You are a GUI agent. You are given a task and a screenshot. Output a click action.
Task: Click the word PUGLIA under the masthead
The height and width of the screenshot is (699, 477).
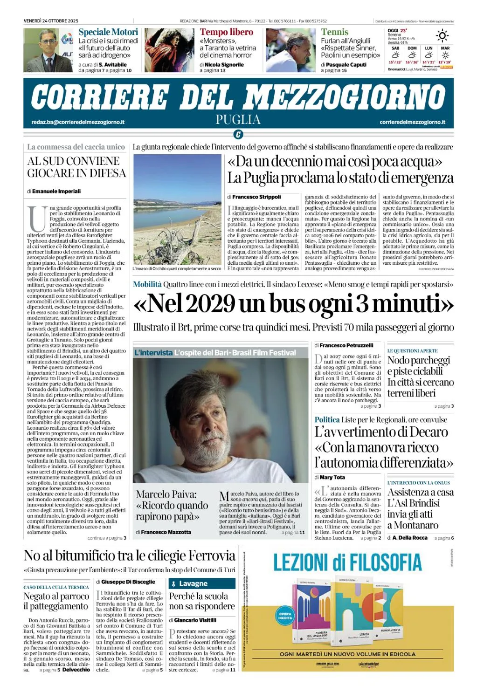(238, 120)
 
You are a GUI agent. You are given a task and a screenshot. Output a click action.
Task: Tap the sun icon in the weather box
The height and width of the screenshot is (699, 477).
(442, 36)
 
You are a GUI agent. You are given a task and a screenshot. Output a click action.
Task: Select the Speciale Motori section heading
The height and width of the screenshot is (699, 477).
(108, 32)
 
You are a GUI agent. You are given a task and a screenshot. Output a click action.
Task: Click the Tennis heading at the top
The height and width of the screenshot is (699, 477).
(334, 32)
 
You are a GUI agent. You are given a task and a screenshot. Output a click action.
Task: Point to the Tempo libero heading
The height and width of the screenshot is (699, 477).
(227, 32)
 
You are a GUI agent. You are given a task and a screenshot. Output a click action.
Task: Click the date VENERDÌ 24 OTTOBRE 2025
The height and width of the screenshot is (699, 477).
(51, 21)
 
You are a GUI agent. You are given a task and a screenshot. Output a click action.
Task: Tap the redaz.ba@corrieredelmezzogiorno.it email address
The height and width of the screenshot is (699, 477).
(78, 122)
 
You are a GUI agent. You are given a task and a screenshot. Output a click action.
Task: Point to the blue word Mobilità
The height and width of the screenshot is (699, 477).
(147, 284)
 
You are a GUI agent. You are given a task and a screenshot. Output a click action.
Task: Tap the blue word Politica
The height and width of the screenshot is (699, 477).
(327, 420)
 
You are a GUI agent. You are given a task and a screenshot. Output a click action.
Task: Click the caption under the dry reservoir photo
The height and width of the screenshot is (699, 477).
(177, 268)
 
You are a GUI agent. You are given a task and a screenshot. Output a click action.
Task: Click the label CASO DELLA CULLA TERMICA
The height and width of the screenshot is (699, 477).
(56, 587)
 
